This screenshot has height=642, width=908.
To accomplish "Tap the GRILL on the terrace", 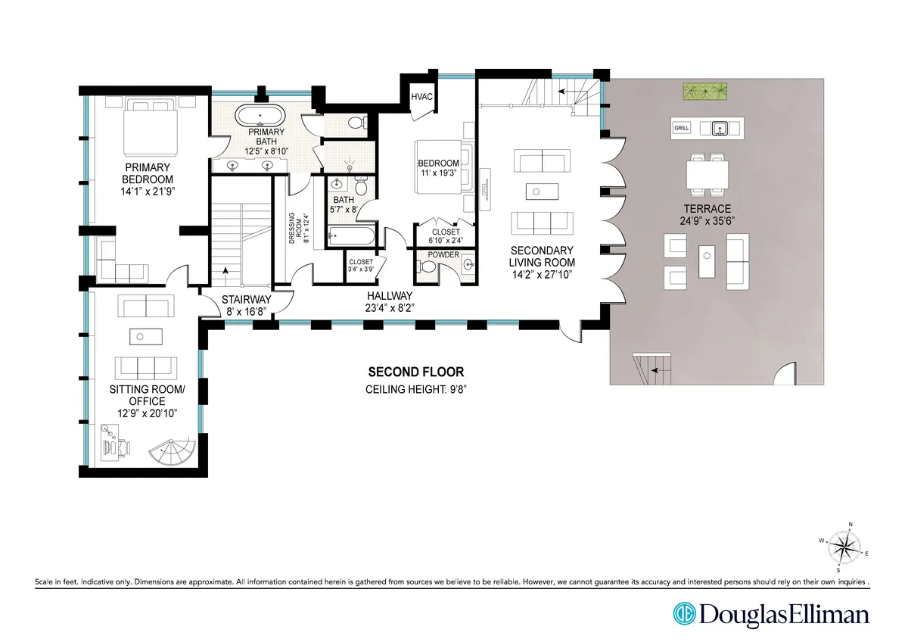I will click(x=682, y=128).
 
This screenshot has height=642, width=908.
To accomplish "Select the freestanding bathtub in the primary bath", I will click(x=260, y=117).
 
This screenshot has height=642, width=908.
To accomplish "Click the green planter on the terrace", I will click(x=704, y=92).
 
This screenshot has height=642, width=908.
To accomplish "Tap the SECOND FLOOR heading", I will click(x=415, y=372).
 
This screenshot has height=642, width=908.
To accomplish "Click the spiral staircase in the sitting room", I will click(x=173, y=453).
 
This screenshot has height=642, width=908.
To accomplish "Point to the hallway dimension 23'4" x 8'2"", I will click(x=390, y=307).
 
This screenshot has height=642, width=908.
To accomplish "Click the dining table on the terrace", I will click(x=708, y=174).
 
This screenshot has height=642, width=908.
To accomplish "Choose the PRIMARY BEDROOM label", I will click(x=149, y=173).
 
